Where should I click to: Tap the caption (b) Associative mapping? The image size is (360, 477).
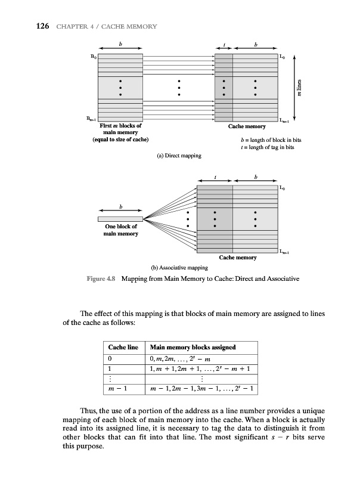[x=178, y=268]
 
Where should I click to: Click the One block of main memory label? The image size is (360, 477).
[x=120, y=230]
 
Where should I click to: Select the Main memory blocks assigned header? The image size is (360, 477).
[x=194, y=347]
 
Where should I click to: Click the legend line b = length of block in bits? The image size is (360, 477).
[x=263, y=141]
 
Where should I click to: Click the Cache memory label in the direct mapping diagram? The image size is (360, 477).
[x=247, y=127]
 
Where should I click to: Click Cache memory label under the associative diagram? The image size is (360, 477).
[x=238, y=258]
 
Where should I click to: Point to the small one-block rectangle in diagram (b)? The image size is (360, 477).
[x=121, y=219]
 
